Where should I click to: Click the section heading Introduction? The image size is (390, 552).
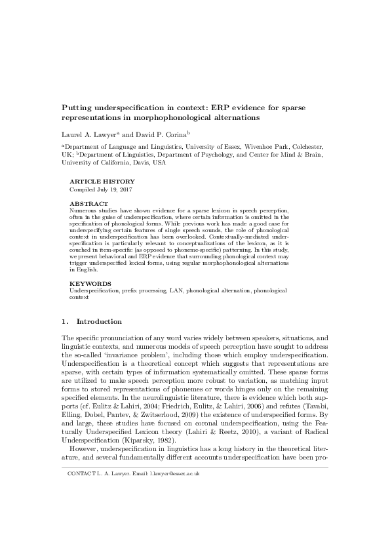tap(99, 322)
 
